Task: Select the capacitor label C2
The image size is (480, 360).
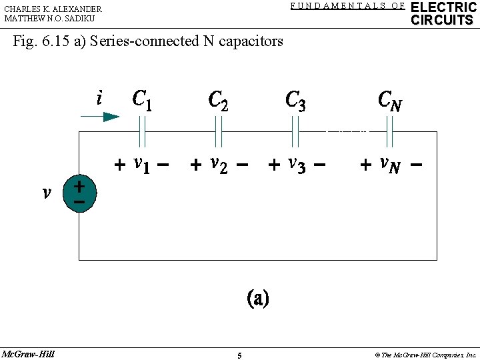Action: click(218, 100)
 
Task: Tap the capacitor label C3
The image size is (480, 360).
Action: click(295, 100)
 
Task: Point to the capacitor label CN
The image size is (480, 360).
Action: click(389, 101)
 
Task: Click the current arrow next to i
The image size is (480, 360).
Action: click(100, 117)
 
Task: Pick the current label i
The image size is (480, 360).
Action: click(99, 99)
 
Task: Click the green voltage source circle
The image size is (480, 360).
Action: click(79, 194)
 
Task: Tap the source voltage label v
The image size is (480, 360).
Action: click(46, 193)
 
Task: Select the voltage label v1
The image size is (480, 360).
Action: click(141, 164)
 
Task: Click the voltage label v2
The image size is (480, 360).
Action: click(218, 164)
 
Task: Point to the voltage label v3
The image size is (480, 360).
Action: click(295, 164)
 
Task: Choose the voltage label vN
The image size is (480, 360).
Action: click(389, 164)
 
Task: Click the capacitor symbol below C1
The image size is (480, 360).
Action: click(142, 131)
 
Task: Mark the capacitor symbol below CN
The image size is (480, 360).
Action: click(390, 131)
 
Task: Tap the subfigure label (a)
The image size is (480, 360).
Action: click(258, 298)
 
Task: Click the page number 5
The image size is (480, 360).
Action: click(240, 355)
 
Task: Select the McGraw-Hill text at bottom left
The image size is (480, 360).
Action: click(28, 353)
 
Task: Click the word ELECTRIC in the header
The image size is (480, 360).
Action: click(443, 7)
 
